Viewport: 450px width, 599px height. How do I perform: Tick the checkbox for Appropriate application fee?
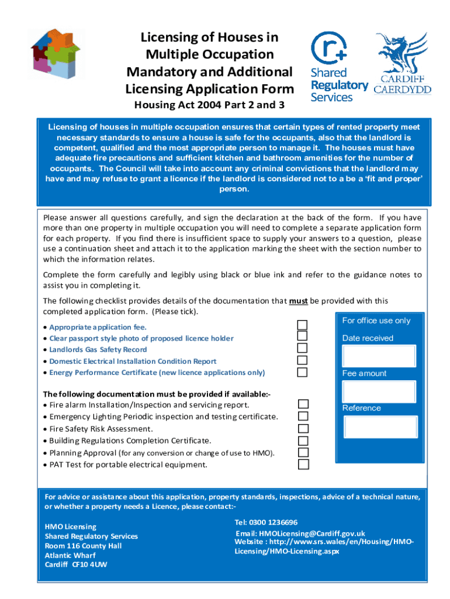coord(303,325)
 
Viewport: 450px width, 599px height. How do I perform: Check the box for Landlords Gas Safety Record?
coord(303,349)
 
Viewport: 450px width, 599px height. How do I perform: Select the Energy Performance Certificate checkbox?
coord(303,372)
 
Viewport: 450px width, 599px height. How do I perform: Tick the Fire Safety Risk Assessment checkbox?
coord(303,428)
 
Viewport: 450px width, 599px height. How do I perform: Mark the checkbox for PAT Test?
coord(303,464)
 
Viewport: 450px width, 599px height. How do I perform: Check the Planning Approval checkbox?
coord(303,452)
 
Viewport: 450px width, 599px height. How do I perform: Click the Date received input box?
coord(379,356)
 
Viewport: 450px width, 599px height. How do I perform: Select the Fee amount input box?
coord(379,391)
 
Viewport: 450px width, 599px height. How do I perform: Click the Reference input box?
coord(380,427)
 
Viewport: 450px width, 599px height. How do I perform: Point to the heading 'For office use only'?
coord(376,321)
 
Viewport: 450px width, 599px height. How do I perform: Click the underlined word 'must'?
coord(298,301)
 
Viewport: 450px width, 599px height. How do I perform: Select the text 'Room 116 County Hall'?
coord(84,546)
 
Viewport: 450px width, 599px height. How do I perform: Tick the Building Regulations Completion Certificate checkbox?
coord(303,440)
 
